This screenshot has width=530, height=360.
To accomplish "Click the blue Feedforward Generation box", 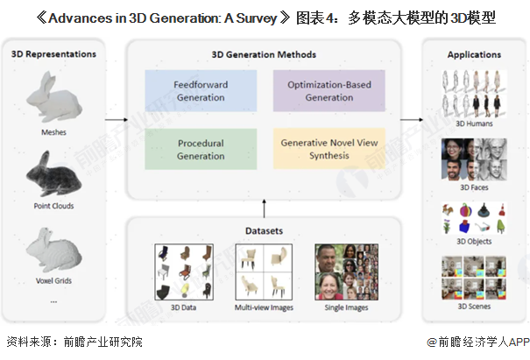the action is click(201, 91).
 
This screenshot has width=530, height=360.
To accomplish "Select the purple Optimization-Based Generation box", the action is click(329, 91).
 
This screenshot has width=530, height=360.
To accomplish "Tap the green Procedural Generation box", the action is click(201, 149).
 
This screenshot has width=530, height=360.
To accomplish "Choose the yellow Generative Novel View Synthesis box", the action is click(329, 149).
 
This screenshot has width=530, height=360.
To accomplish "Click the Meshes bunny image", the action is click(54, 96).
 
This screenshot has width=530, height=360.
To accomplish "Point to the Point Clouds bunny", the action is click(53, 173).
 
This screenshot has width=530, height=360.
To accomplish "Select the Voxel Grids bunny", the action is click(53, 251).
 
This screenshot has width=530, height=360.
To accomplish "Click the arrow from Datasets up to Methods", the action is click(264, 208).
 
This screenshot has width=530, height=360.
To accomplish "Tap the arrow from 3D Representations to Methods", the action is click(117, 119).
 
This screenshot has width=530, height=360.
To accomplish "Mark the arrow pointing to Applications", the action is click(412, 119).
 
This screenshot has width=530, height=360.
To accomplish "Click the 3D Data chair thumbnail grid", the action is click(184, 272).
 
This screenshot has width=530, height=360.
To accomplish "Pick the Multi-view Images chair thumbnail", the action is click(264, 272).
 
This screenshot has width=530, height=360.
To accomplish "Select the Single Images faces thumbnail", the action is click(346, 272).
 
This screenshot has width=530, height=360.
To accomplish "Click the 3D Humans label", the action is click(474, 124).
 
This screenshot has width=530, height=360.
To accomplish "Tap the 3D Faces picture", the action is click(474, 159).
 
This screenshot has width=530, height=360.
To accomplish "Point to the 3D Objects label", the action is click(474, 242).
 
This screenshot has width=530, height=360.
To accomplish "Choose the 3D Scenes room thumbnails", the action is click(474, 278).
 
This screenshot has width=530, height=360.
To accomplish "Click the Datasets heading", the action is click(264, 231).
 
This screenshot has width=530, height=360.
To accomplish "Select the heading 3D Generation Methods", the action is click(264, 55).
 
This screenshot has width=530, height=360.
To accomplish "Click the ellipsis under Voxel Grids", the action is click(53, 301).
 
